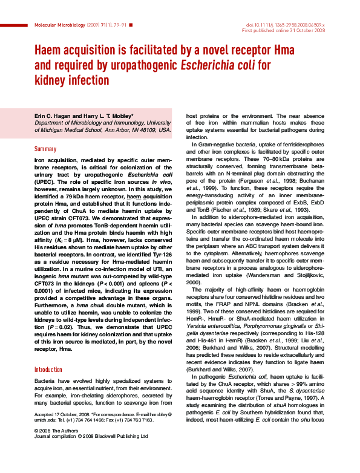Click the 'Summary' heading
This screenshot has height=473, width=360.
tap(45, 149)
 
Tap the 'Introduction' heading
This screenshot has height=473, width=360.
tap(48, 369)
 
